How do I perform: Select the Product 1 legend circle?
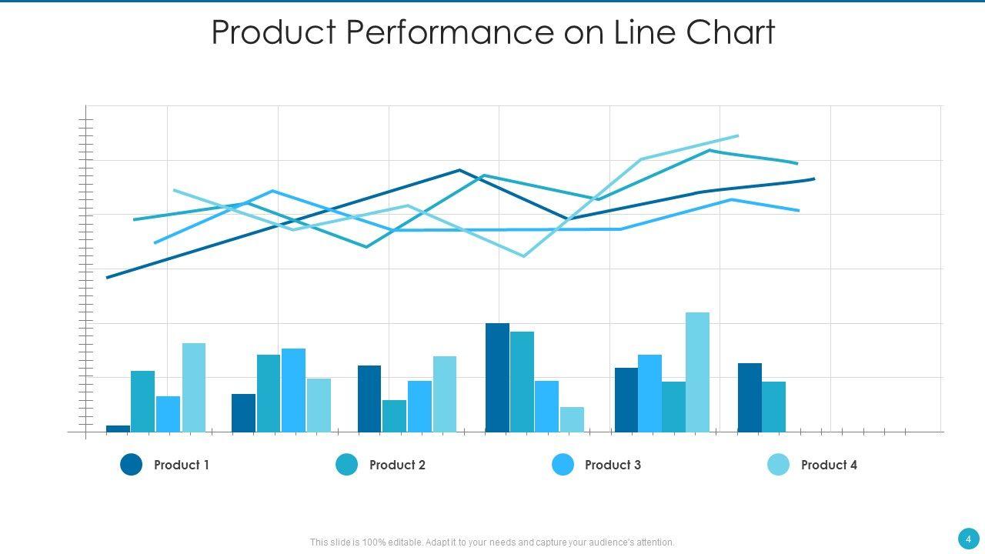click(132, 465)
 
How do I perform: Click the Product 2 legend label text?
click(397, 465)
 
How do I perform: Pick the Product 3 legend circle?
click(563, 465)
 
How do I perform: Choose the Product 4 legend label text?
click(829, 465)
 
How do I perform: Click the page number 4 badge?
click(968, 539)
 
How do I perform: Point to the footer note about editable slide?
click(492, 542)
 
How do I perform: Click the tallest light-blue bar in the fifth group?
click(697, 372)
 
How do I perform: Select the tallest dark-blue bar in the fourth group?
click(497, 378)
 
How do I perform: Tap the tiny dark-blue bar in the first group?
click(119, 429)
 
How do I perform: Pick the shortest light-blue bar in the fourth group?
click(572, 419)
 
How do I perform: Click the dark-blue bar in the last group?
click(750, 398)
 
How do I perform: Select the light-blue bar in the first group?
click(194, 388)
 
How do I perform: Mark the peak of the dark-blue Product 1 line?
click(459, 170)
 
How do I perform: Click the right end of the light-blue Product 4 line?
click(737, 136)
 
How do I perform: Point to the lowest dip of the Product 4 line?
click(524, 256)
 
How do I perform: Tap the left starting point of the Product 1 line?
click(108, 277)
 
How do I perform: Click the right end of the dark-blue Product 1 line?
click(813, 179)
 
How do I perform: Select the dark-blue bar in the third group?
click(369, 399)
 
